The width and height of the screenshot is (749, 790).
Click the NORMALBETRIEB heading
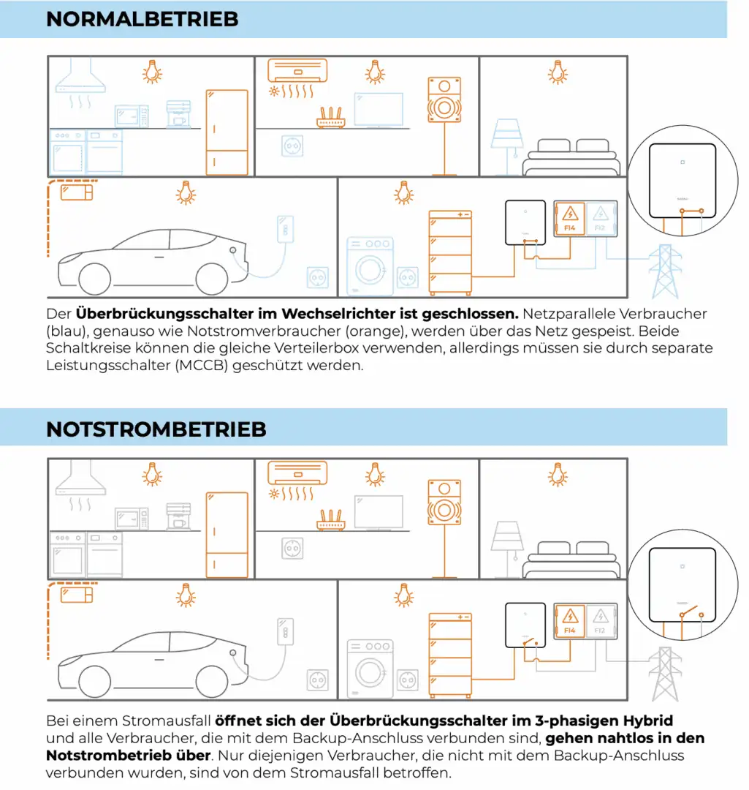tap(142, 19)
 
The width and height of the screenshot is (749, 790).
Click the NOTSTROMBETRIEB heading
tap(156, 429)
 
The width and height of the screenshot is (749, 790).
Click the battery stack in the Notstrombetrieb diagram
tap(450, 655)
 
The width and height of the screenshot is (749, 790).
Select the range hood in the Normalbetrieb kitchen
tap(81, 78)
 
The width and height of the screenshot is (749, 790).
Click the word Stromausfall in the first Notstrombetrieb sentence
tap(175, 720)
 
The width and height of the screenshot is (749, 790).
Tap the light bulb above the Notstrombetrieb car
tap(187, 595)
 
